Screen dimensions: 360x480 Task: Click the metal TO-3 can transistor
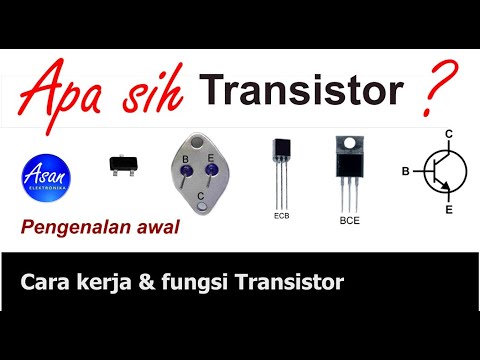click(203, 174)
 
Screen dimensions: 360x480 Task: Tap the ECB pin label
click(281, 215)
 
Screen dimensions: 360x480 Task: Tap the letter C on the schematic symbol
click(450, 134)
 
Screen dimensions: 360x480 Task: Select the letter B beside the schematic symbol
click(405, 172)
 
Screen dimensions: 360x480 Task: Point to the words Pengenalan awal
click(99, 228)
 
